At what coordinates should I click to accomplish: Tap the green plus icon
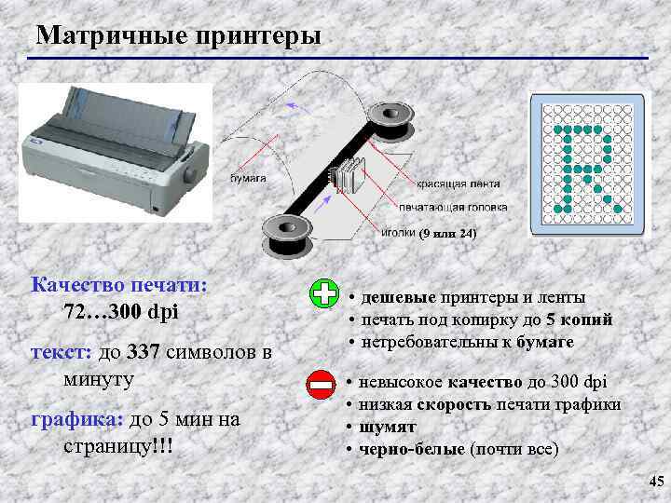point(324,293)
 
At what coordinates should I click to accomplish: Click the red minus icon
point(321,385)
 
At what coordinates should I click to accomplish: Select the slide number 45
point(656,481)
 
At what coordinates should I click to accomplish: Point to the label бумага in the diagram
point(248,178)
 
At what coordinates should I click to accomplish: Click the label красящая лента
point(459,184)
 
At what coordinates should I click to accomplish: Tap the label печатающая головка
point(453,208)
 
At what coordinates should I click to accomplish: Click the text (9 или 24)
point(447,234)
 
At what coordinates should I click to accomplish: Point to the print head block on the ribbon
point(349,175)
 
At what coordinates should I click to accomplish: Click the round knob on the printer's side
point(191,174)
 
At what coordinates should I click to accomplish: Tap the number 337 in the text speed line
point(143,352)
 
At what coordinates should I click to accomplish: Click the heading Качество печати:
point(119,285)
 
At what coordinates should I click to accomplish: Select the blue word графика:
point(77,420)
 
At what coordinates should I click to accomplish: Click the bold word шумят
point(388,428)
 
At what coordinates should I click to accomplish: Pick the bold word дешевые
point(399,297)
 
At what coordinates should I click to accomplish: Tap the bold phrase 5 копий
point(580,319)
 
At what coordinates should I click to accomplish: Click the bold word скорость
point(454,405)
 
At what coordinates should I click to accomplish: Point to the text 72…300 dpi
point(121,312)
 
